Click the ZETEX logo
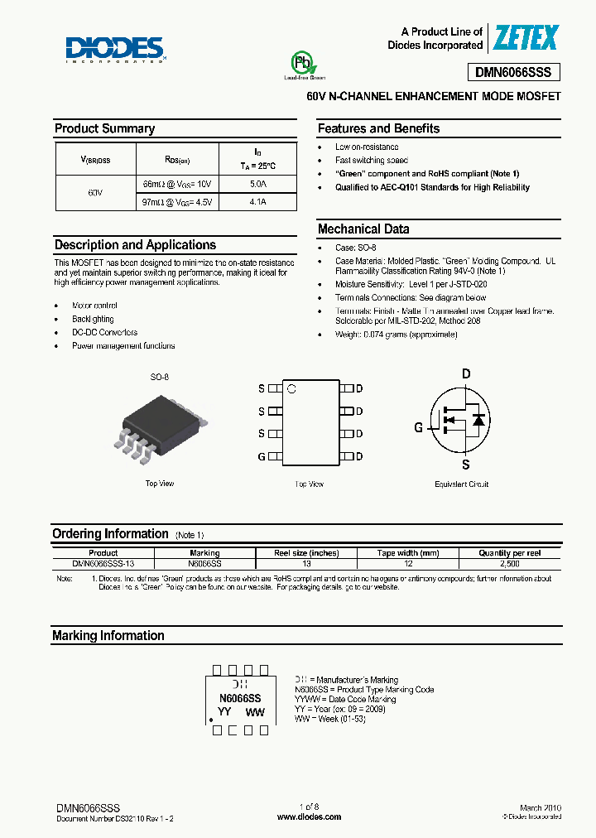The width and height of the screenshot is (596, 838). (526, 37)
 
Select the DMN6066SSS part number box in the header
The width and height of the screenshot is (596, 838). (517, 72)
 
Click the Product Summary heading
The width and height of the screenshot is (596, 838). (104, 128)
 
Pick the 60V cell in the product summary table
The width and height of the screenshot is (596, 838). (95, 192)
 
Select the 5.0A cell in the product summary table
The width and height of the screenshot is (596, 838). (258, 183)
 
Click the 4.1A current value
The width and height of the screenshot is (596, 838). (258, 201)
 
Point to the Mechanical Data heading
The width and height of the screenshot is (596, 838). (363, 229)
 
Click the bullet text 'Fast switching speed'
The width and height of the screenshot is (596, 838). (371, 160)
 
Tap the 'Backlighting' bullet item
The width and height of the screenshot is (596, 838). (93, 319)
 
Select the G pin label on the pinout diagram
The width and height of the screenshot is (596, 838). (262, 456)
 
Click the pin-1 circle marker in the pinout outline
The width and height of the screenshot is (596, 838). (291, 388)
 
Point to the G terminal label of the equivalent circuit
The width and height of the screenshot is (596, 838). (418, 427)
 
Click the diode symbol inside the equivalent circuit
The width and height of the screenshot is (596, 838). (478, 420)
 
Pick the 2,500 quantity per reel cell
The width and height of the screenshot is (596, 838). (509, 563)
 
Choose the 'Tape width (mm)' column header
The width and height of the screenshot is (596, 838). (408, 552)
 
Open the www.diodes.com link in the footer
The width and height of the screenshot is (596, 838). (309, 816)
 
